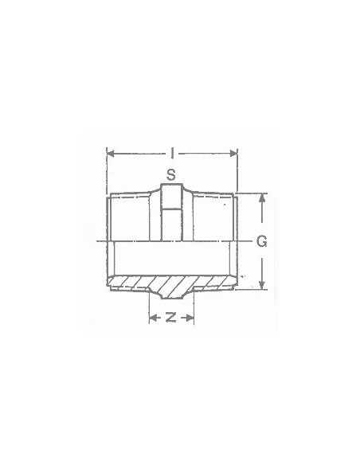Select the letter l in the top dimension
point(172,150)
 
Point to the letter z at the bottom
point(171,317)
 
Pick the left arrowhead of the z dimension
point(153,317)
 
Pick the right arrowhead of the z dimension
point(191,317)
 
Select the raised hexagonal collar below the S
point(171,211)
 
